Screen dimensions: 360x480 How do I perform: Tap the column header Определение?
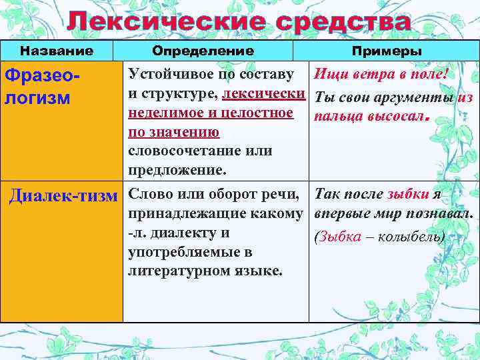coord(203,51)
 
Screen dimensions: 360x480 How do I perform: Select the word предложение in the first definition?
coord(176,170)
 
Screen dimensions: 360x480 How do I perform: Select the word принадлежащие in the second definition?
coord(179,213)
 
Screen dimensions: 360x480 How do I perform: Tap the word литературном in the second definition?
coord(181,271)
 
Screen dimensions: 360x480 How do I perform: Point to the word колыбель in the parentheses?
coord(413,237)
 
